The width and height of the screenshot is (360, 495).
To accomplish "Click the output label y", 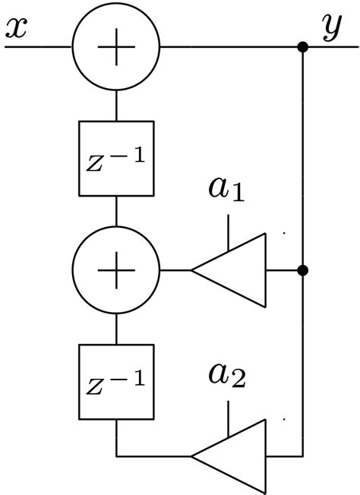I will pyautogui.click(x=332, y=27).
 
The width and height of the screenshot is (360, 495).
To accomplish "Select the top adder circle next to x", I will pyautogui.click(x=116, y=46).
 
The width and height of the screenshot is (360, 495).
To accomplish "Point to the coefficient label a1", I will pyautogui.click(x=227, y=191).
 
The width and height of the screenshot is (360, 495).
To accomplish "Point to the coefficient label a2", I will pyautogui.click(x=227, y=376).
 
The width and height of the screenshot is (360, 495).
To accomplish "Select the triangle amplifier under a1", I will pyautogui.click(x=235, y=270).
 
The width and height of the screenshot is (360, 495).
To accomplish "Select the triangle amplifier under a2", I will pyautogui.click(x=235, y=456).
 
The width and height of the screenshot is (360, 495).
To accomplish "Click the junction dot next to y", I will pyautogui.click(x=302, y=47).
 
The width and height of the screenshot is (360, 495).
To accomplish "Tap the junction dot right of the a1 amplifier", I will pyautogui.click(x=302, y=270).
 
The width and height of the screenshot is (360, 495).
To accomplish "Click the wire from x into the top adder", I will pyautogui.click(x=38, y=46).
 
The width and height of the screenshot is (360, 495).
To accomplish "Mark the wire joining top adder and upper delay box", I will pyautogui.click(x=116, y=106).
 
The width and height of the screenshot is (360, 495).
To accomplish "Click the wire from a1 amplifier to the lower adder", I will pyautogui.click(x=175, y=270).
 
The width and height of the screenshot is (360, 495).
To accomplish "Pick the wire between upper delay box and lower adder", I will pyautogui.click(x=116, y=214).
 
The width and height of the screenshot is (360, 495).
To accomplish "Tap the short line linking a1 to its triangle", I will pyautogui.click(x=228, y=232).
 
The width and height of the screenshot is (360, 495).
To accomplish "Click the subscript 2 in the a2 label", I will pyautogui.click(x=237, y=382).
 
